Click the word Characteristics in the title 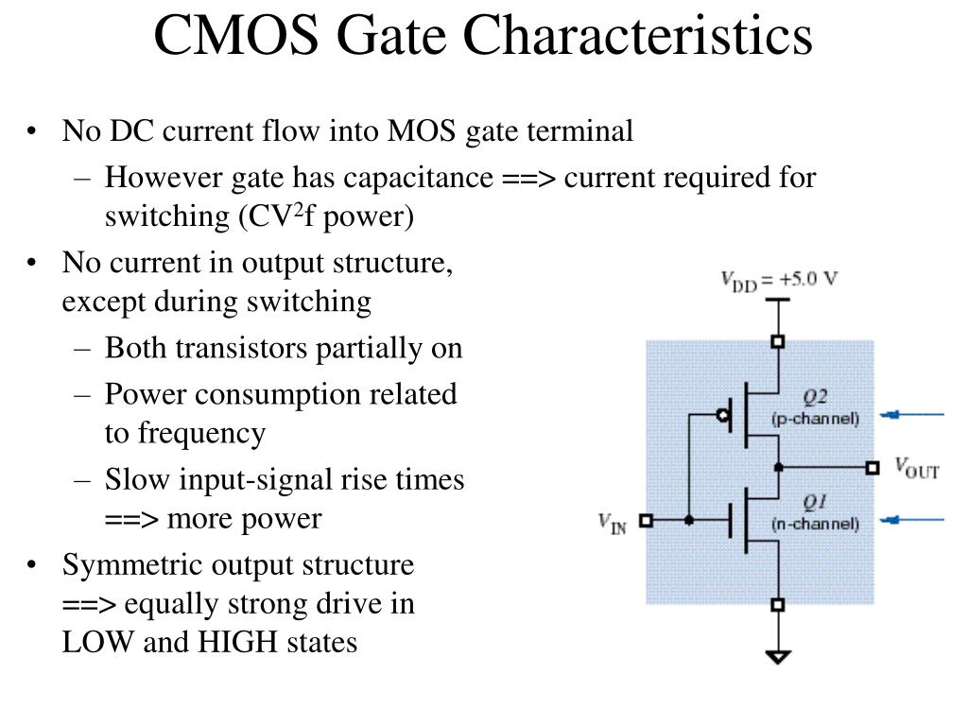(x=638, y=35)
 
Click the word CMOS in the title (x=236, y=35)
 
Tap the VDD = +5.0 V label (x=779, y=281)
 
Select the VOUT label (x=917, y=469)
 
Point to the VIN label (x=613, y=524)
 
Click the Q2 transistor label (x=815, y=396)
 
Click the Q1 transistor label (x=815, y=502)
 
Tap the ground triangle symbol (x=778, y=656)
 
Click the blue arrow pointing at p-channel (x=912, y=415)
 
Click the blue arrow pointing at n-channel (x=912, y=520)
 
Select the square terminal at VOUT (x=873, y=467)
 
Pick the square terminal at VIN (x=646, y=521)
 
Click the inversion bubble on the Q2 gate (x=723, y=415)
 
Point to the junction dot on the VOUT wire (x=779, y=467)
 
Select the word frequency (x=202, y=433)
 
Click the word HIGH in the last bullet (x=230, y=642)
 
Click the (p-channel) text (x=815, y=419)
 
